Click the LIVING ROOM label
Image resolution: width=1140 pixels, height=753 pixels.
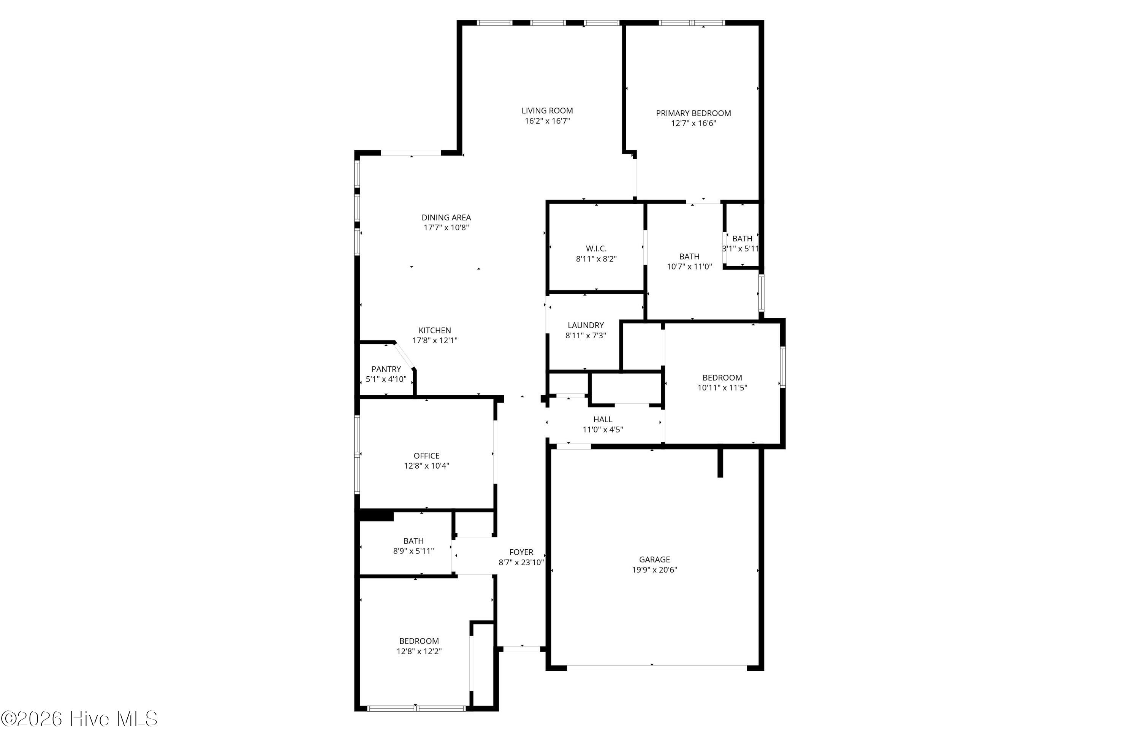547,111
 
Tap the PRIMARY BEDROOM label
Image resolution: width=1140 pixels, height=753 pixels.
693,113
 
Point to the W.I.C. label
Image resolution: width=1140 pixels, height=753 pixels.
596,248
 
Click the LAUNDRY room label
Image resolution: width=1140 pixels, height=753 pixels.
586,325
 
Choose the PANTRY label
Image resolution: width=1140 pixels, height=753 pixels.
386,369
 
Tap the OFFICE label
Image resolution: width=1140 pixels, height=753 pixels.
426,456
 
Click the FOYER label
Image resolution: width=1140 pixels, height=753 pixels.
521,552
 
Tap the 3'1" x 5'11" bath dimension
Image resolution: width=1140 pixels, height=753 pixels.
741,249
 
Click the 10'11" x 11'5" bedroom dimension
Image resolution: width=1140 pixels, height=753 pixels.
722,388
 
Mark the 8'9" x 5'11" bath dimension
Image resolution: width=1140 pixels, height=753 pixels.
413,551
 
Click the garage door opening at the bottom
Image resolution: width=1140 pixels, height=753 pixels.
657,667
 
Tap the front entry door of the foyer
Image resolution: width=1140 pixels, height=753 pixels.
521,649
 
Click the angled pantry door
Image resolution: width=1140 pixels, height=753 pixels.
404,355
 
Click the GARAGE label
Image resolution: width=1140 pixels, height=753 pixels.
654,560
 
